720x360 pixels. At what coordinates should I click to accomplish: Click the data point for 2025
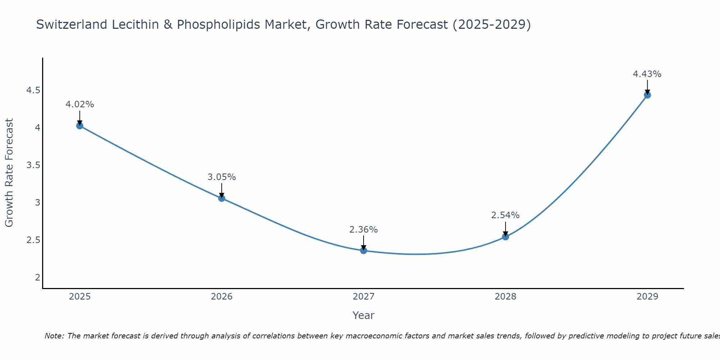80,126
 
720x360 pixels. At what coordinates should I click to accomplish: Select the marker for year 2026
221,198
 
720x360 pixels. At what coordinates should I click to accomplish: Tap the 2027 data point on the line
364,250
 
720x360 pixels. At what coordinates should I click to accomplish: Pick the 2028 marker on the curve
505,237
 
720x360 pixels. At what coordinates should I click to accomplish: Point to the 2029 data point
647,95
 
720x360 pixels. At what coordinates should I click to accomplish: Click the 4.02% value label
80,104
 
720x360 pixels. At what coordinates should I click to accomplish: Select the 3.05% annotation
221,177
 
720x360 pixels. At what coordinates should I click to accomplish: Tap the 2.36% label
364,230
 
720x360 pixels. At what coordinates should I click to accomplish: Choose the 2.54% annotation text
505,215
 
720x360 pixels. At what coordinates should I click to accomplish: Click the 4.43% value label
647,74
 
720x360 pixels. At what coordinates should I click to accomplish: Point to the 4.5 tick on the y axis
33,90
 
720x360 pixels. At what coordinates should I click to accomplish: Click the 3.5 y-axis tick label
33,165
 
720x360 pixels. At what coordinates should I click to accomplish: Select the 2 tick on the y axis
37,277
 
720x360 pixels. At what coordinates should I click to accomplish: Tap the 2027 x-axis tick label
364,297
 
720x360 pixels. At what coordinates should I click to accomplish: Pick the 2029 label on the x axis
647,297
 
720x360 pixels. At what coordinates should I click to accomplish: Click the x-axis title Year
364,315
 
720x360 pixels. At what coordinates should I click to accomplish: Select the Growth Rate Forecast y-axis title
9,173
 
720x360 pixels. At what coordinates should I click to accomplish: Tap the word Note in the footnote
54,336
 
